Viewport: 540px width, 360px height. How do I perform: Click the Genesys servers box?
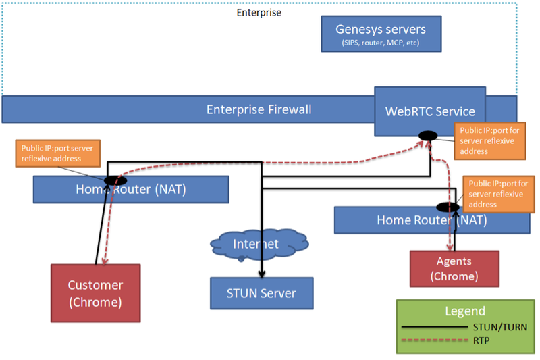tap(381, 34)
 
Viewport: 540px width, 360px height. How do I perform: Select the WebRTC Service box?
tap(430, 111)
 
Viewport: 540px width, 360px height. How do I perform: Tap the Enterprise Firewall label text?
tap(259, 109)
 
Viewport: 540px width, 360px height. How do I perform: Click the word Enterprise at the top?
tap(259, 12)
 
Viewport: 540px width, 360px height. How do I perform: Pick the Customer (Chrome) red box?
tap(96, 293)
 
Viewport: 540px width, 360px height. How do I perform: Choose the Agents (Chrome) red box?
tap(454, 268)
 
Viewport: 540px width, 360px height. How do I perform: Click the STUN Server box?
tap(261, 293)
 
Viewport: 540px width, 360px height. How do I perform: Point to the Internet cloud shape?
tap(261, 243)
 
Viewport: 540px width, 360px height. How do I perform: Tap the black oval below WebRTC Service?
tap(428, 136)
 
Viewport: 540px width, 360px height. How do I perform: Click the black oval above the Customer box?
tap(115, 180)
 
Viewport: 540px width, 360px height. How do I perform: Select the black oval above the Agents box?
tap(448, 207)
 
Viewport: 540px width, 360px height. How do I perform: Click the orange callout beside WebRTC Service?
tap(483, 140)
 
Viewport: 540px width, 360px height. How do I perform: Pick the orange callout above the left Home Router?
tap(57, 153)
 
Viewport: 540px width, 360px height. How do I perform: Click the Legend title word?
tap(464, 311)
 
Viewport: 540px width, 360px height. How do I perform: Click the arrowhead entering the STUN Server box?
tap(261, 276)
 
